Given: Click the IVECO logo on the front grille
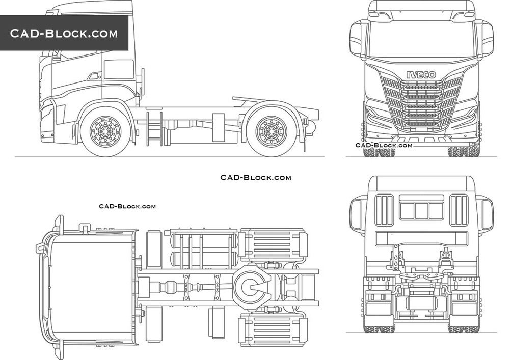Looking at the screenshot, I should click(x=421, y=74).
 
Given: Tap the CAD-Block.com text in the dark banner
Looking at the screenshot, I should click(x=64, y=34).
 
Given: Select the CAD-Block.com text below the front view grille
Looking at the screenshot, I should click(x=384, y=145).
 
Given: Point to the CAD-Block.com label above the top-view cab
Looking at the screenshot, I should click(x=127, y=206).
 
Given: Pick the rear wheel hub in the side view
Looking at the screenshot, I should click(x=271, y=132).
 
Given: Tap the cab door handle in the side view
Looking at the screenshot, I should click(x=94, y=77).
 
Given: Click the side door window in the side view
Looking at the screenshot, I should click(x=119, y=70).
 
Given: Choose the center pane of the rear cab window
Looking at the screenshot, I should click(x=421, y=211).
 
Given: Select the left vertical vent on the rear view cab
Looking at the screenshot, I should click(x=384, y=210).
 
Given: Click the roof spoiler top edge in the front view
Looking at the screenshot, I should click(x=421, y=3).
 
